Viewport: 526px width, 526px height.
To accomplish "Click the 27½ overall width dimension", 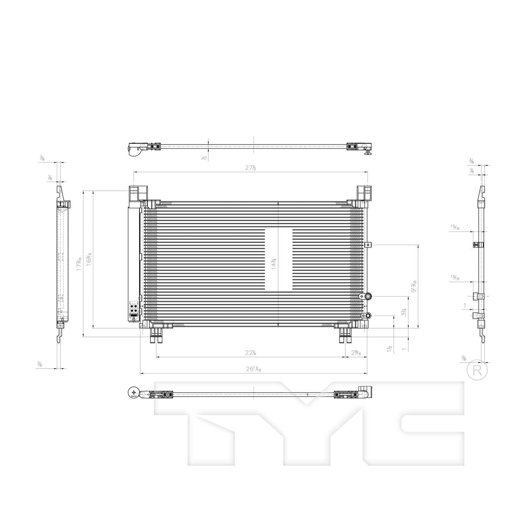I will click(x=250, y=168).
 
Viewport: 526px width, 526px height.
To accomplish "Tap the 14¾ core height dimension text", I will click(x=274, y=263).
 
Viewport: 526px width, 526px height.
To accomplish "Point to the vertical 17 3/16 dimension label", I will click(x=79, y=263).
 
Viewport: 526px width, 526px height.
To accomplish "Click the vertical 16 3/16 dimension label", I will click(x=89, y=259).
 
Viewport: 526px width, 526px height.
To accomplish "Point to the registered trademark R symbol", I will click(x=477, y=370).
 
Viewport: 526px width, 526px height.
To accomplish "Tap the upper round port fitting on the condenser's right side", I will click(x=368, y=297).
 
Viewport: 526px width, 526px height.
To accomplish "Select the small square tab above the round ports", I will click(x=367, y=245).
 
